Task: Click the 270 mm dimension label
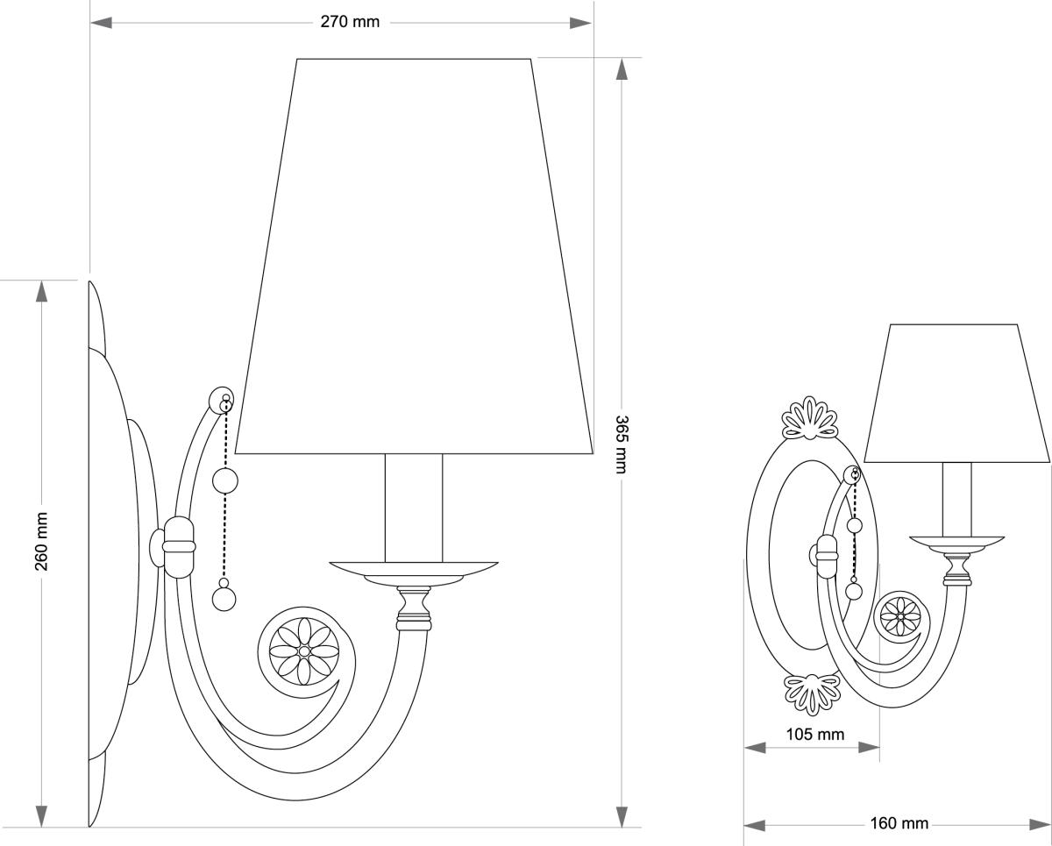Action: [350, 23]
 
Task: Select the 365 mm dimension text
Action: [621, 444]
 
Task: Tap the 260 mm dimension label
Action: [41, 541]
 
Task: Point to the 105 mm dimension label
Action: [814, 734]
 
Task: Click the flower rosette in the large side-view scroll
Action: [302, 651]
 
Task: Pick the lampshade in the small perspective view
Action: [956, 395]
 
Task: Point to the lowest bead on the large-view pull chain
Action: [224, 598]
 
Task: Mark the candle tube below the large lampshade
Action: [414, 508]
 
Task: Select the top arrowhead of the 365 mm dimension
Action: [622, 69]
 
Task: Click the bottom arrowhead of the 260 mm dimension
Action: [41, 815]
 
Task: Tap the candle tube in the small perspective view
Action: [956, 499]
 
